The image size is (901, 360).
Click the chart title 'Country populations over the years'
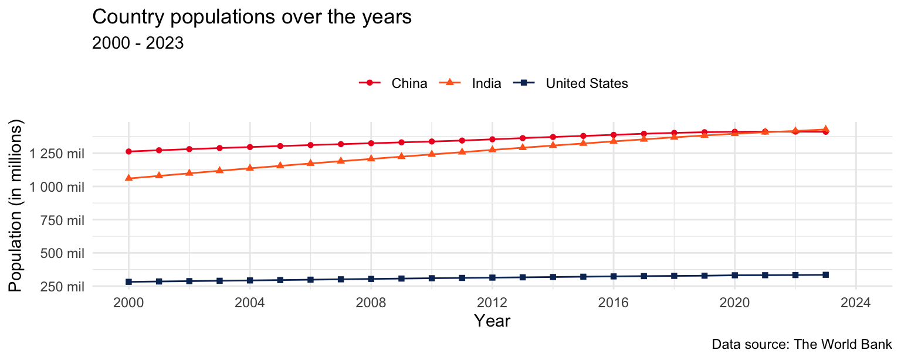[252, 18]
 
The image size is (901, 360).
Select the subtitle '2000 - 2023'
[138, 43]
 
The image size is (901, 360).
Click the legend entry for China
[409, 83]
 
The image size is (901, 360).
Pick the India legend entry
[486, 83]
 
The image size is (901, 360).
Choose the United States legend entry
[587, 83]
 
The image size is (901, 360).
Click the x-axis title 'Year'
[492, 321]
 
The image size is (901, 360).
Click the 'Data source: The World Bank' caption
[802, 344]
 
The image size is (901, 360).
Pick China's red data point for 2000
[128, 151]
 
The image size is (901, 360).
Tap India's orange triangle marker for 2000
[128, 178]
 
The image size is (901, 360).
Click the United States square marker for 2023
[825, 274]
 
